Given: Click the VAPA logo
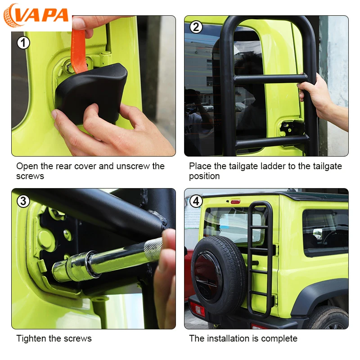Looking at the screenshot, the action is [36, 16].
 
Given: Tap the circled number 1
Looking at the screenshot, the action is [23, 43].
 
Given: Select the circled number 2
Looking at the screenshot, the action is [196, 27].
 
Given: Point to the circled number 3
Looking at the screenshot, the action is [23, 201].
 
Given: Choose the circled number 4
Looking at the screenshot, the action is [196, 201].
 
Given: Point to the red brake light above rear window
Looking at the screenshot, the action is [235, 202].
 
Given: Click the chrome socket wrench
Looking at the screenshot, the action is [107, 260].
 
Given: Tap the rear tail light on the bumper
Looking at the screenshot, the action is [197, 309].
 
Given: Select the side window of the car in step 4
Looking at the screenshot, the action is [325, 232].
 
